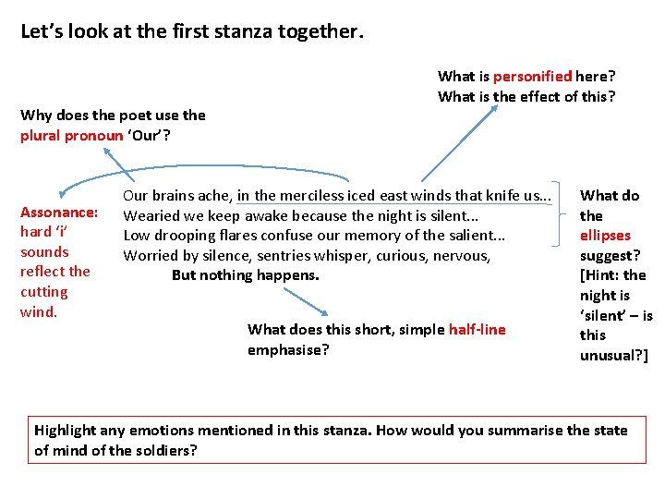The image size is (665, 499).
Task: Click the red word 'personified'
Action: click(x=533, y=77)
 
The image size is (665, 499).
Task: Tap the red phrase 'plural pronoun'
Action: click(x=72, y=136)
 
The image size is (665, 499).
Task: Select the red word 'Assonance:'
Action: click(x=59, y=212)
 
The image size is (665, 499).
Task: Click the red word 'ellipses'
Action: click(x=605, y=236)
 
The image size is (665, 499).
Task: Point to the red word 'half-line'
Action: click(x=477, y=330)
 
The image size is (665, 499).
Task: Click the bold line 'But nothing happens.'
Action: click(x=245, y=275)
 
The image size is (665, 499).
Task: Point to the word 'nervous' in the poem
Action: click(x=465, y=256)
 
